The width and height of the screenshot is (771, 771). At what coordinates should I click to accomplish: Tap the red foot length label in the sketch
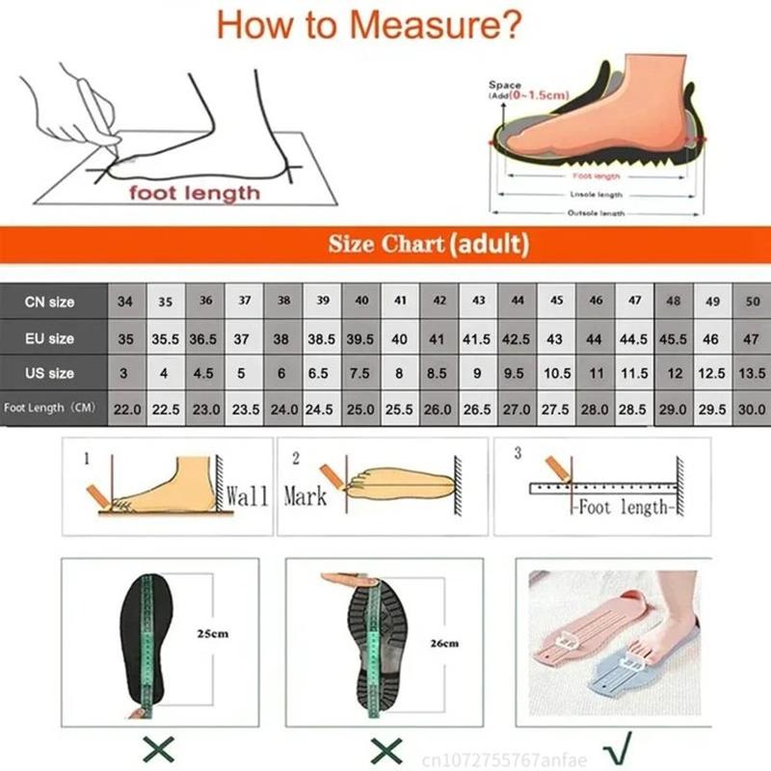[196, 193]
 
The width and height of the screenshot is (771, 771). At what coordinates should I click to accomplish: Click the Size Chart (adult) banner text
[429, 244]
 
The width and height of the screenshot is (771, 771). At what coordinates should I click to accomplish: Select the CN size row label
[49, 302]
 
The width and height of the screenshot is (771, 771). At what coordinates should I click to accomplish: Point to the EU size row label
[49, 338]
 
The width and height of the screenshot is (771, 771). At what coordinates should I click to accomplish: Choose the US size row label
[49, 373]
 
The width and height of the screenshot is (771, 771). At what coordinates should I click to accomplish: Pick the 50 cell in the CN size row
[752, 302]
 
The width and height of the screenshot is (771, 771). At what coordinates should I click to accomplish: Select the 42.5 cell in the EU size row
[518, 338]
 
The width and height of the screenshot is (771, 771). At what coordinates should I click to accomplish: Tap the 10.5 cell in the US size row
[557, 373]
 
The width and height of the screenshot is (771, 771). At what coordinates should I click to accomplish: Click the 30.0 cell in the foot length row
[752, 408]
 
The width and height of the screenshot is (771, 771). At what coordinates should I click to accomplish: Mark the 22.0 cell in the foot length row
[127, 408]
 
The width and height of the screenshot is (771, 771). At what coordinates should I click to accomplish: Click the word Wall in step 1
[247, 497]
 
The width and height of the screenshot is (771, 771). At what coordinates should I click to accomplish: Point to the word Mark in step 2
[305, 497]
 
